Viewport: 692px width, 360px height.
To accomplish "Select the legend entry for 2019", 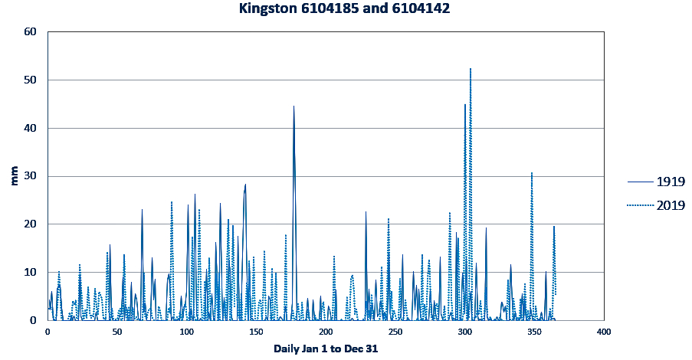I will [669, 205].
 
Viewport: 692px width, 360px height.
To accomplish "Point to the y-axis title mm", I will [14, 176].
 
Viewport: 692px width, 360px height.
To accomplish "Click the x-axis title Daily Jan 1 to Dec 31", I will [326, 349].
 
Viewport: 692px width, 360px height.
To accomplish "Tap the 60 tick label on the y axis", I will [30, 32].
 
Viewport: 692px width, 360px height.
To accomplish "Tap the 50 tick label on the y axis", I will [30, 80].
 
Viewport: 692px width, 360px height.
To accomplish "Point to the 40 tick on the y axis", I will [30, 128].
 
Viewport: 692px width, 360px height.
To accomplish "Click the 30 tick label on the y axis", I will [30, 176].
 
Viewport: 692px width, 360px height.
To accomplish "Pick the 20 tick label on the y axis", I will [30, 224].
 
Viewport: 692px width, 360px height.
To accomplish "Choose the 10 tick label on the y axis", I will [30, 273].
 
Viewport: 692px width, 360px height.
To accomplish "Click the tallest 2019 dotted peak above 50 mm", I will [471, 69].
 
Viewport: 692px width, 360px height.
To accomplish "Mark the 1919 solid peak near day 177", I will [294, 106].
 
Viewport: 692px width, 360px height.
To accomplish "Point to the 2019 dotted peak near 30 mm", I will [531, 173].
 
